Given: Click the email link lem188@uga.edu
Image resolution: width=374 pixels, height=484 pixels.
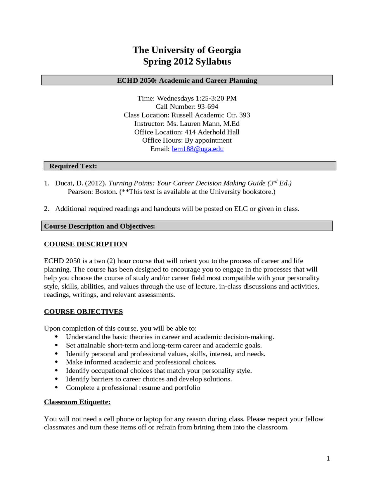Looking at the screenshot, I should (198, 149).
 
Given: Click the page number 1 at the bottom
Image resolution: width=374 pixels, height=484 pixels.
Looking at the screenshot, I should (328, 458).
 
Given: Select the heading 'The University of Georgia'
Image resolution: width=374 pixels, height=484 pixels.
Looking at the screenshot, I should (187, 50).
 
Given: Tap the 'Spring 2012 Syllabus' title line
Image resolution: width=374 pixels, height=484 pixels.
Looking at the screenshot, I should (187, 62).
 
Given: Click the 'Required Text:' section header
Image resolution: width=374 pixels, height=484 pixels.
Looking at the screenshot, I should (73, 166).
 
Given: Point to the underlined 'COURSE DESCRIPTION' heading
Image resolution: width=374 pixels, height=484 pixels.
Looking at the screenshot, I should (86, 244).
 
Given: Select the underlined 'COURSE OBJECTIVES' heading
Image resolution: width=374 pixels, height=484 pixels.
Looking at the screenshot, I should (83, 312).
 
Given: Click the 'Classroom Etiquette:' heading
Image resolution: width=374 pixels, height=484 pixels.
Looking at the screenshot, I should (77, 402).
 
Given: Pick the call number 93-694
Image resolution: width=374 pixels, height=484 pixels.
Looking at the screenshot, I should (208, 107).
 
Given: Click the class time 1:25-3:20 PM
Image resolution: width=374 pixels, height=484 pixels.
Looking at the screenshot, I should (216, 98).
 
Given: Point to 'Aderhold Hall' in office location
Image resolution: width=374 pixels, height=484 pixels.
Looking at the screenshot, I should (219, 132).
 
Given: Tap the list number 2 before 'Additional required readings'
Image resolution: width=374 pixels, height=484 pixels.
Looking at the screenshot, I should (46, 209).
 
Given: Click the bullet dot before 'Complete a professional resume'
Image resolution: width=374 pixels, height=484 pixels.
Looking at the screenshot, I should (56, 388).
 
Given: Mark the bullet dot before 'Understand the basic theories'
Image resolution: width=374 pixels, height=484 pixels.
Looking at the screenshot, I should (56, 337).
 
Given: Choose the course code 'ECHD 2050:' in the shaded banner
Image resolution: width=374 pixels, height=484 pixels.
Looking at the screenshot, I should (137, 80).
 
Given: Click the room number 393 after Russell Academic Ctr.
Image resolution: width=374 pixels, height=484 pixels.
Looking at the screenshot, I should (245, 115).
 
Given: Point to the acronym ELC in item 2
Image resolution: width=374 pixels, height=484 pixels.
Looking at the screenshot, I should (241, 209).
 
